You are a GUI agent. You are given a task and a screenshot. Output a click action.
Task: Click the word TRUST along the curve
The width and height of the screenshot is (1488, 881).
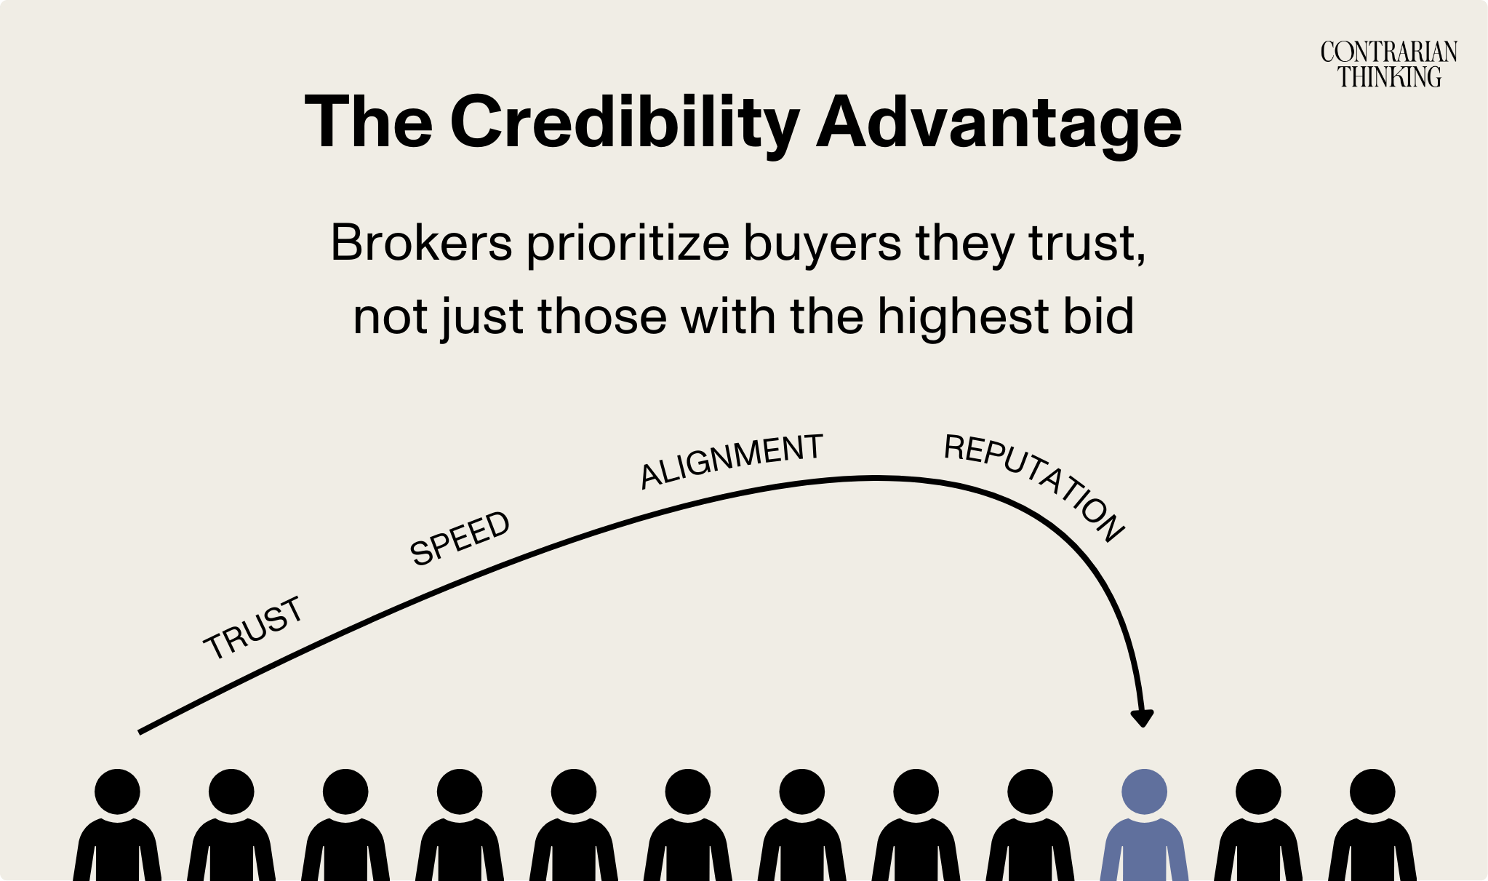click(253, 628)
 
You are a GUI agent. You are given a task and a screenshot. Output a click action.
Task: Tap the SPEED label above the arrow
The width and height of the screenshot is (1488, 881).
click(460, 538)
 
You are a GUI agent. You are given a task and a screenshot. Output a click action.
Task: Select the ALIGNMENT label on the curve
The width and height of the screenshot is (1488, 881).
click(731, 460)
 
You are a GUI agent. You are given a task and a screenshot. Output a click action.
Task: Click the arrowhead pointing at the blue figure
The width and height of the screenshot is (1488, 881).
click(1143, 717)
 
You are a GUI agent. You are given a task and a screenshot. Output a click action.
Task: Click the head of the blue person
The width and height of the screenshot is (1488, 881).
click(1144, 792)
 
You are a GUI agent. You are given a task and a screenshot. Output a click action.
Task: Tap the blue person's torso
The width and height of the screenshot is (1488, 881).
click(1144, 851)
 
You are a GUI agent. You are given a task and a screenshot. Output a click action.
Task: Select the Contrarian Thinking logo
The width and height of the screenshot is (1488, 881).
click(1389, 64)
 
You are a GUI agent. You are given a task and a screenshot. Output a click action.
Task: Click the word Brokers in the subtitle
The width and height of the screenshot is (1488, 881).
click(421, 243)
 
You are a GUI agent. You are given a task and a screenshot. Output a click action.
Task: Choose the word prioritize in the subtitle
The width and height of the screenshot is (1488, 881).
click(628, 243)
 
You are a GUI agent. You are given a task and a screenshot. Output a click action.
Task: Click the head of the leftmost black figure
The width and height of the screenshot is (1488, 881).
click(117, 792)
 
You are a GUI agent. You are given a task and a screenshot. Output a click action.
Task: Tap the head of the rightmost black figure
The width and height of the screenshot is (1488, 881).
click(1372, 792)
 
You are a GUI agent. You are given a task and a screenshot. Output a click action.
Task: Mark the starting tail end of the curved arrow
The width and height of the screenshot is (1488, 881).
click(141, 730)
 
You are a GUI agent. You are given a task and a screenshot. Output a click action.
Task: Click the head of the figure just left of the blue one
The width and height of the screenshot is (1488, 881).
click(1030, 792)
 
